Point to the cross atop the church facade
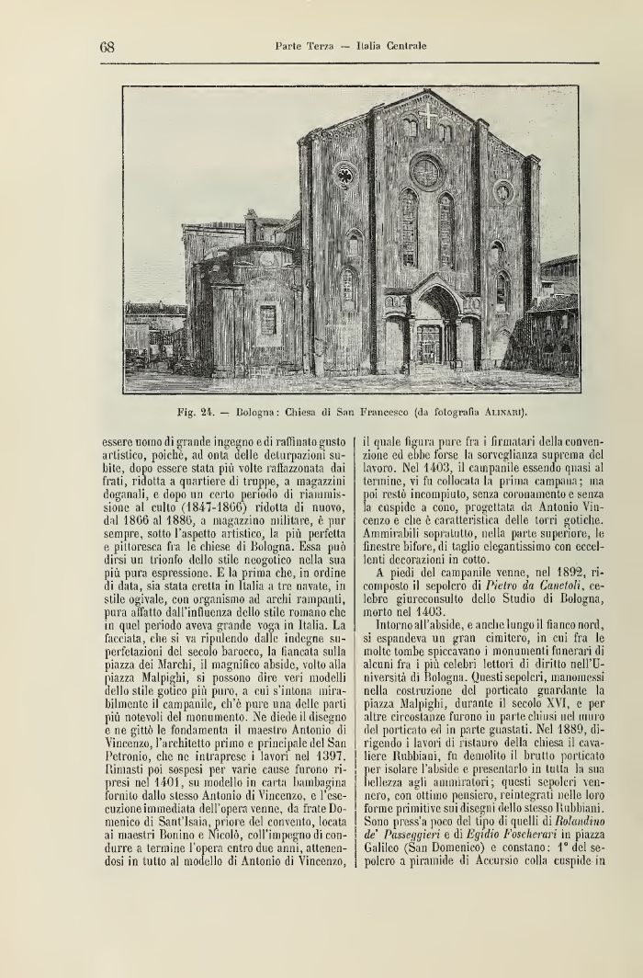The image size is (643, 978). (428, 118)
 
